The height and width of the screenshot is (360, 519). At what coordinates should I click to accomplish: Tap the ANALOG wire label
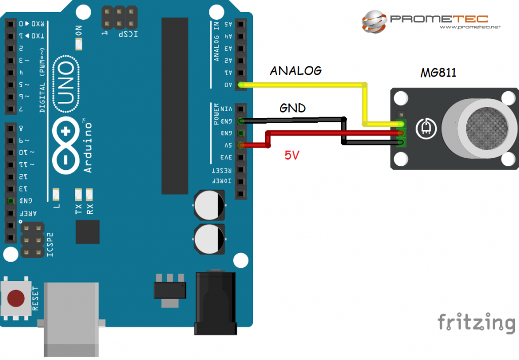[295, 70]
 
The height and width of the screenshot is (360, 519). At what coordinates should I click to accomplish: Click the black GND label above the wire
[292, 108]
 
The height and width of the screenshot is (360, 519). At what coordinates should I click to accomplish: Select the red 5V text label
[291, 156]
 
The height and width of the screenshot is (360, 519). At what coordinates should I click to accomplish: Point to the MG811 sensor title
[438, 73]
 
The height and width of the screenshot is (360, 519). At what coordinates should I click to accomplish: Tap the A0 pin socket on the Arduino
[241, 85]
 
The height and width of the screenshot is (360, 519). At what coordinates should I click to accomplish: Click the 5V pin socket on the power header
[241, 145]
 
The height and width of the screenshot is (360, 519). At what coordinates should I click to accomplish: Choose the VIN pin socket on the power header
[241, 109]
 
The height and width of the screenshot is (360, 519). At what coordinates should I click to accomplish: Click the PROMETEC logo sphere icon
[374, 20]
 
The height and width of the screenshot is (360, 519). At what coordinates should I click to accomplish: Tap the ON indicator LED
[79, 45]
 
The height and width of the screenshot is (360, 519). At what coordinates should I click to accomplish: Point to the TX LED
[79, 193]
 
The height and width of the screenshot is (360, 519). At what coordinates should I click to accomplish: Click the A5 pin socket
[241, 24]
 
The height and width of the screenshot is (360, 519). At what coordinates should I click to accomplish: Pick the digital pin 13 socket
[10, 189]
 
